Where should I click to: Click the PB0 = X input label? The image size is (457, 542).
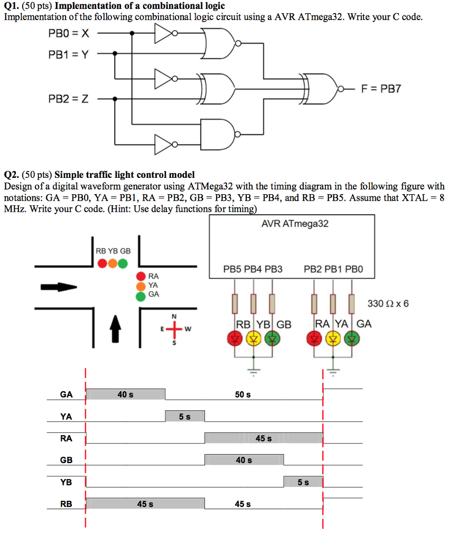point(69,33)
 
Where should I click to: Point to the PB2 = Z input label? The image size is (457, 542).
point(69,98)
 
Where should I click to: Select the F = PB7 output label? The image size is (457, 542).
point(381,88)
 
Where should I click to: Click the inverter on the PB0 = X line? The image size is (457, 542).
point(164,34)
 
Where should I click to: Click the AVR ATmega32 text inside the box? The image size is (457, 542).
point(295,224)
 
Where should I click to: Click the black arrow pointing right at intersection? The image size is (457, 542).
point(60,287)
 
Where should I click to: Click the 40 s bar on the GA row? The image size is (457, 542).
point(126,394)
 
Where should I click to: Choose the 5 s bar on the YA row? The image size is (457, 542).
point(185,417)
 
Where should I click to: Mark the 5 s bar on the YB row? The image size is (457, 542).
point(303,482)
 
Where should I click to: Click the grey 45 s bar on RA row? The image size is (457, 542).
point(264,438)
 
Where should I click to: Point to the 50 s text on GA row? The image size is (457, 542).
point(243,395)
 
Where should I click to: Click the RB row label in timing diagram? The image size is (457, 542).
point(66,504)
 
